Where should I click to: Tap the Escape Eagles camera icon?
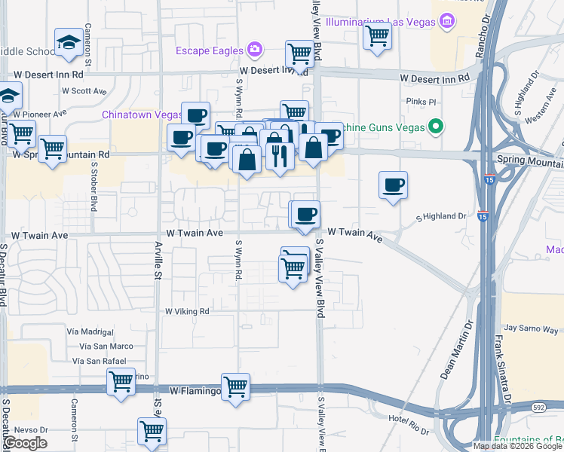tap(255, 50)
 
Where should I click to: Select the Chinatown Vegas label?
tap(142, 115)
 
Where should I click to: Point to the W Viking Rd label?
tap(187, 311)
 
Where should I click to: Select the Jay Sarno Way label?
tap(529, 328)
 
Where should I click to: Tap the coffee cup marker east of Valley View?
tap(392, 185)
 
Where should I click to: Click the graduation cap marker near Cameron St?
tap(69, 42)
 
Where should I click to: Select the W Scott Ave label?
tap(85, 90)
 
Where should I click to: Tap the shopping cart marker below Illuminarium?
tap(377, 35)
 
